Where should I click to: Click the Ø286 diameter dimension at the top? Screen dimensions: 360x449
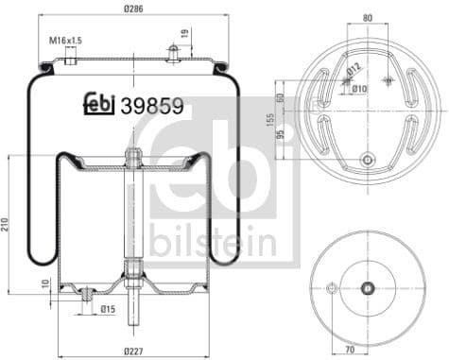tap(134, 9)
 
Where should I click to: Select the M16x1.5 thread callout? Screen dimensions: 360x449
tap(65, 41)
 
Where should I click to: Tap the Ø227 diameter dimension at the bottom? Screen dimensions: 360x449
tap(133, 351)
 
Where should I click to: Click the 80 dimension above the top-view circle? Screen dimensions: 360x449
tap(367, 17)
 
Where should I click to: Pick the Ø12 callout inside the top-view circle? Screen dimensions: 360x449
tap(351, 68)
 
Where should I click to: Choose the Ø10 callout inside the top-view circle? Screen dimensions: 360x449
tap(359, 88)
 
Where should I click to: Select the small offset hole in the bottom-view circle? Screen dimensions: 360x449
tap(330, 289)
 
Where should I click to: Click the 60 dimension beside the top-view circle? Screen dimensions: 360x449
tap(281, 97)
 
